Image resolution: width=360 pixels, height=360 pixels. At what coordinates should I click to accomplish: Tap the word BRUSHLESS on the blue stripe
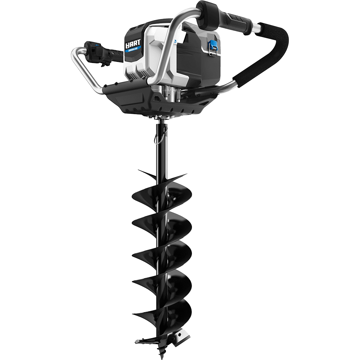[x=134, y=51]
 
